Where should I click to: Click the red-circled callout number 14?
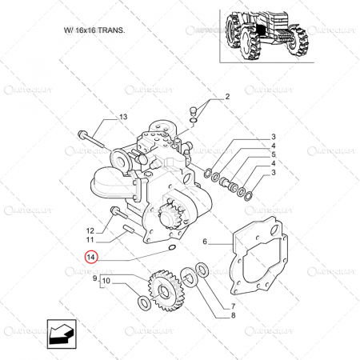tap(92, 257)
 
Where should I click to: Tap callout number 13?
tap(123, 118)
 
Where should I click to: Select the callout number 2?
tap(226, 97)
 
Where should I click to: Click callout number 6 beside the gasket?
tap(206, 241)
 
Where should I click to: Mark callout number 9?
tap(96, 278)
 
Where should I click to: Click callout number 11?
tap(91, 240)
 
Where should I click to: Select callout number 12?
tap(91, 230)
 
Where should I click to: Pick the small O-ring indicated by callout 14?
tap(169, 250)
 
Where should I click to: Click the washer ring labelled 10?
tap(143, 302)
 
